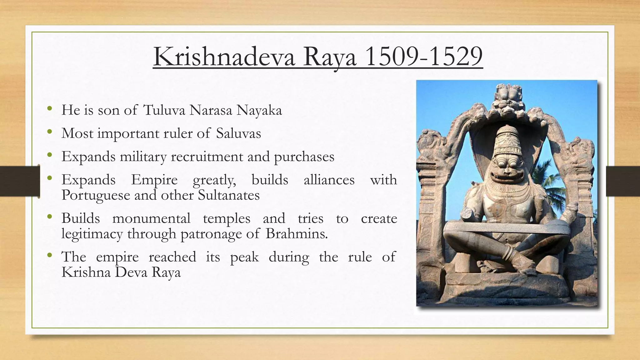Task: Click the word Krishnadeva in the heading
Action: pyautogui.click(x=224, y=57)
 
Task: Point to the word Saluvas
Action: pyautogui.click(x=238, y=133)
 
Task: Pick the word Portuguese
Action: pyautogui.click(x=95, y=195)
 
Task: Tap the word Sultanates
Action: pyautogui.click(x=229, y=195)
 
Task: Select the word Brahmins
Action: pyautogui.click(x=297, y=234)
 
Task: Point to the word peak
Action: pyautogui.click(x=244, y=257)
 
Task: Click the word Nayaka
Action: pyautogui.click(x=259, y=110)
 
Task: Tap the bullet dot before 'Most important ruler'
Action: pyautogui.click(x=49, y=132)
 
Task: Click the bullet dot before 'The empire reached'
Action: pyautogui.click(x=49, y=255)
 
